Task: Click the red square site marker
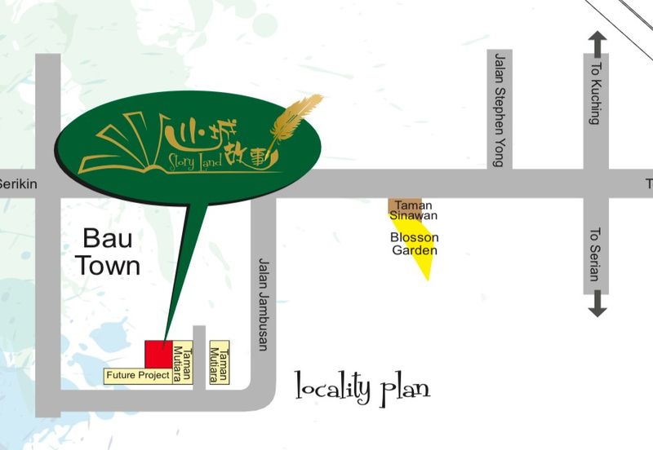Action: pos(158,354)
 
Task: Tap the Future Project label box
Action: pos(136,376)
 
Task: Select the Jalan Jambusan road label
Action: pos(263,304)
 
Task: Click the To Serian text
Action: pos(595,254)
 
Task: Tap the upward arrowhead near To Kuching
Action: pos(597,40)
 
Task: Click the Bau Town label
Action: pos(112,252)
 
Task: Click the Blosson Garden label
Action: pos(415,244)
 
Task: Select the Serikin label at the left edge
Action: pos(16,184)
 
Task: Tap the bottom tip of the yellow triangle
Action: pos(427,279)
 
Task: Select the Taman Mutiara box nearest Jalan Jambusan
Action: pos(219,364)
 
